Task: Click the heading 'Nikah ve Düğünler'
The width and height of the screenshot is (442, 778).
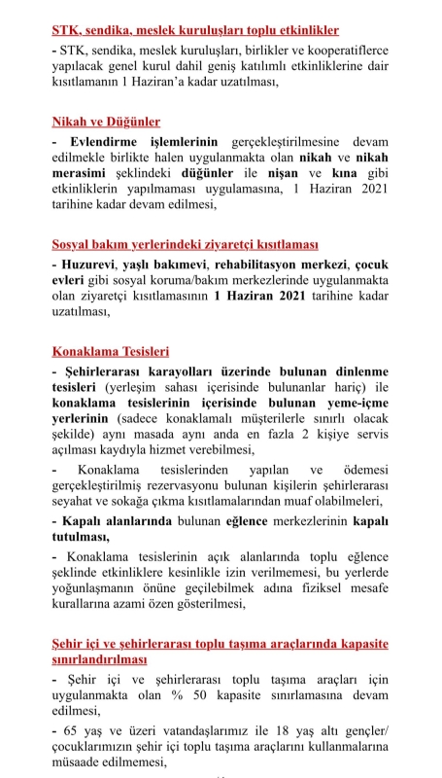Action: pyautogui.click(x=107, y=123)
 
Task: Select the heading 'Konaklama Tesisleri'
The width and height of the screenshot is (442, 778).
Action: pyautogui.click(x=111, y=351)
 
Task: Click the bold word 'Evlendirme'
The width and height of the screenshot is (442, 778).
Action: pyautogui.click(x=98, y=142)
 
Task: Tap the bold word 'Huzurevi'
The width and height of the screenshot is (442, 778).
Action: pyautogui.click(x=87, y=265)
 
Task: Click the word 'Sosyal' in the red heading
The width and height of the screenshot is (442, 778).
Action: pyautogui.click(x=73, y=245)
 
